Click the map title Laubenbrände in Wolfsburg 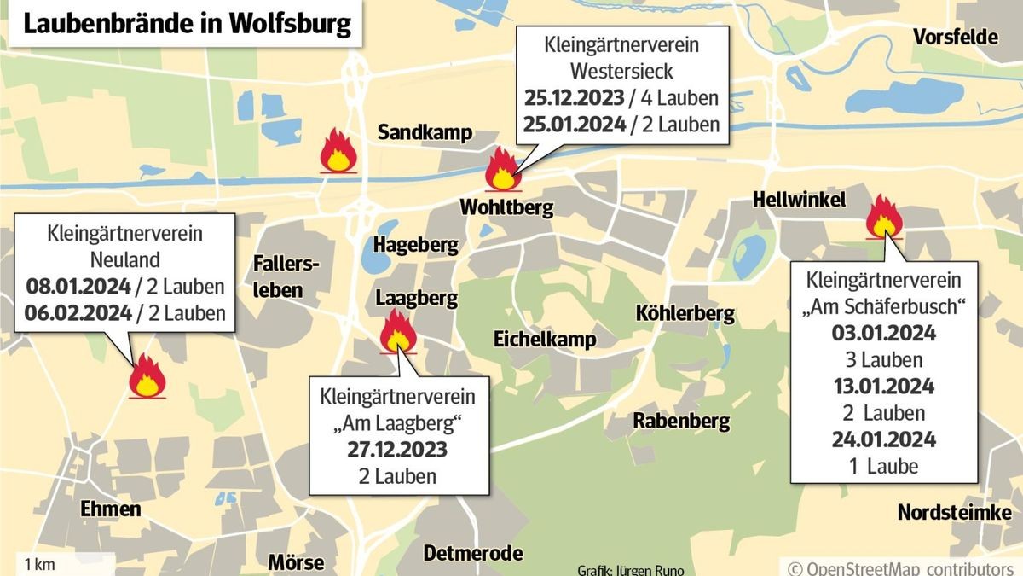(187, 23)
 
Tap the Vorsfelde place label (955, 37)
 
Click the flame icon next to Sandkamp (338, 153)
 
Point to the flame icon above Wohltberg (501, 169)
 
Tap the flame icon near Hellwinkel (883, 216)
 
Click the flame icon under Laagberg (397, 331)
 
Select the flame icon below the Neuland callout (147, 376)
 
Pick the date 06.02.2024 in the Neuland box (78, 312)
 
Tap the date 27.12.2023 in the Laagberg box (397, 450)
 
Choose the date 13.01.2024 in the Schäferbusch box (883, 386)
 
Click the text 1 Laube (883, 466)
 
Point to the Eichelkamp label (545, 340)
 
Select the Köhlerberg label (685, 313)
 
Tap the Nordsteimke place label (954, 512)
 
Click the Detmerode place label (473, 553)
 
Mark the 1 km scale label (40, 564)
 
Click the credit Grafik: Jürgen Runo (630, 569)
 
